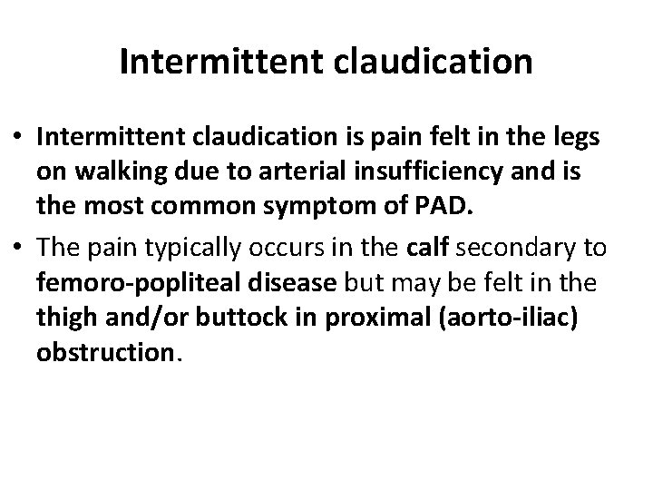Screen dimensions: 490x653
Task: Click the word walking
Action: point(126,171)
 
